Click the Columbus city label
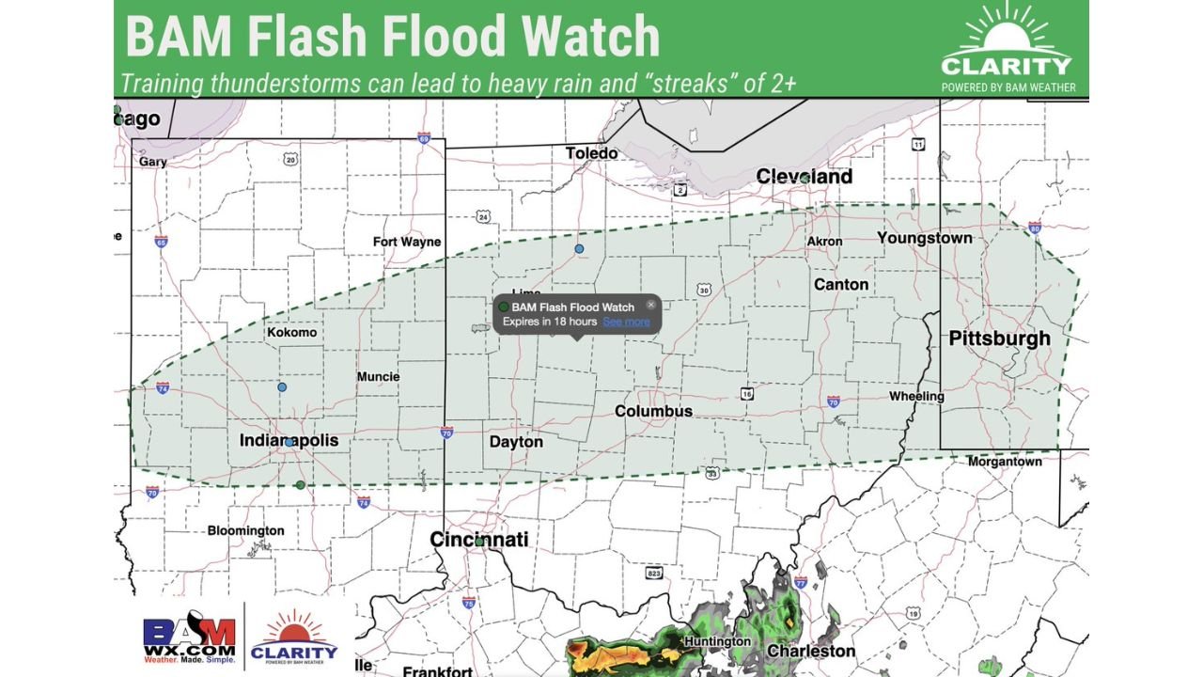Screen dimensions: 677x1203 [653, 412]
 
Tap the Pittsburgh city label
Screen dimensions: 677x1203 [999, 338]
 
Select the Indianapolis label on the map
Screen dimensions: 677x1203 [289, 441]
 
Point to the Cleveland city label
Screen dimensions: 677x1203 [805, 177]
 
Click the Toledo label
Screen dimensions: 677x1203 [591, 153]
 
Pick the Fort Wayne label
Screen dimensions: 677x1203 [406, 242]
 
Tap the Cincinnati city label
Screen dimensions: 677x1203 [478, 540]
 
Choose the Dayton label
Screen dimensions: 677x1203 [516, 442]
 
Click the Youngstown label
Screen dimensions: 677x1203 [924, 238]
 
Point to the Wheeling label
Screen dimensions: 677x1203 [916, 397]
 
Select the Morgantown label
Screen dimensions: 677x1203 [1005, 462]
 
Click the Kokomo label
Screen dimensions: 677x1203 [291, 333]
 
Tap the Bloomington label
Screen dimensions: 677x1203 [245, 530]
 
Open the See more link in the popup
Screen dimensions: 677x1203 [626, 322]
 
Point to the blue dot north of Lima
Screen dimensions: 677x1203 [579, 249]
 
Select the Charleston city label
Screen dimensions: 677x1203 [811, 651]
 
